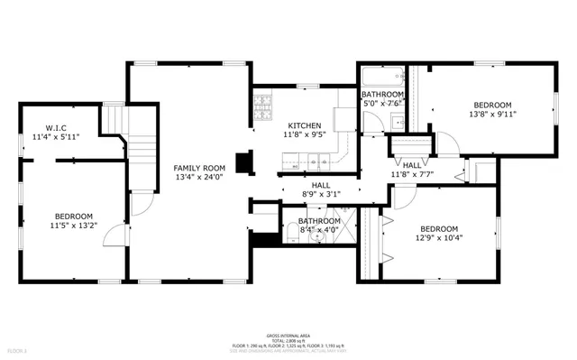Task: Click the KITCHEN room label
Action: pyautogui.click(x=304, y=125)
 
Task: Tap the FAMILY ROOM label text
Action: pyautogui.click(x=199, y=168)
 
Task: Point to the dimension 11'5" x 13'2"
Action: pyautogui.click(x=73, y=226)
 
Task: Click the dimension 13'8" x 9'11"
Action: pyautogui.click(x=493, y=115)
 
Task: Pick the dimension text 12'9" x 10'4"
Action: pyautogui.click(x=439, y=238)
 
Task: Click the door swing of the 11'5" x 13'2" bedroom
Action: pyautogui.click(x=113, y=235)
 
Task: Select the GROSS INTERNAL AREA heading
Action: pyautogui.click(x=288, y=333)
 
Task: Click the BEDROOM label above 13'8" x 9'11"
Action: pyautogui.click(x=493, y=104)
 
